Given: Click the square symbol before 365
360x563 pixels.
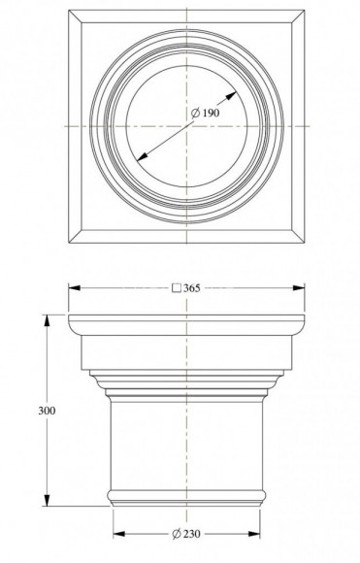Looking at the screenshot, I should click(176, 288).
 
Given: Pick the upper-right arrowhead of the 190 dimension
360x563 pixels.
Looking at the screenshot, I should click(233, 94).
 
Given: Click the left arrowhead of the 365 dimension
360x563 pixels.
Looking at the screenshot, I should click(73, 288).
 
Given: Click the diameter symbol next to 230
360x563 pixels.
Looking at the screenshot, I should click(177, 535).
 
